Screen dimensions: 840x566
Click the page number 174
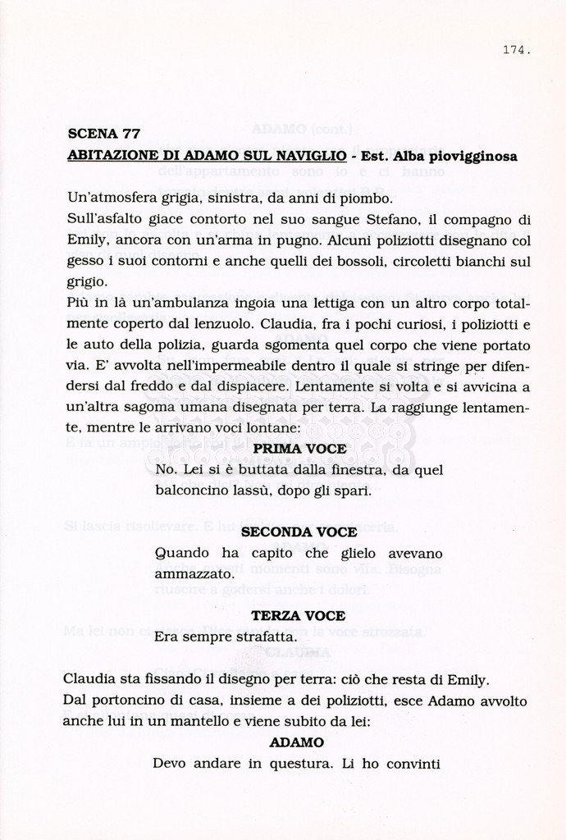(x=515, y=50)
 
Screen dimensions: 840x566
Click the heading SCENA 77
(x=103, y=134)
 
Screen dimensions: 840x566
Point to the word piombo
(x=367, y=199)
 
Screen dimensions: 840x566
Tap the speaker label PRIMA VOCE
(x=299, y=449)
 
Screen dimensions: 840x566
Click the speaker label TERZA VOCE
(x=298, y=615)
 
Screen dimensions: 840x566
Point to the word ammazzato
(x=194, y=575)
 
